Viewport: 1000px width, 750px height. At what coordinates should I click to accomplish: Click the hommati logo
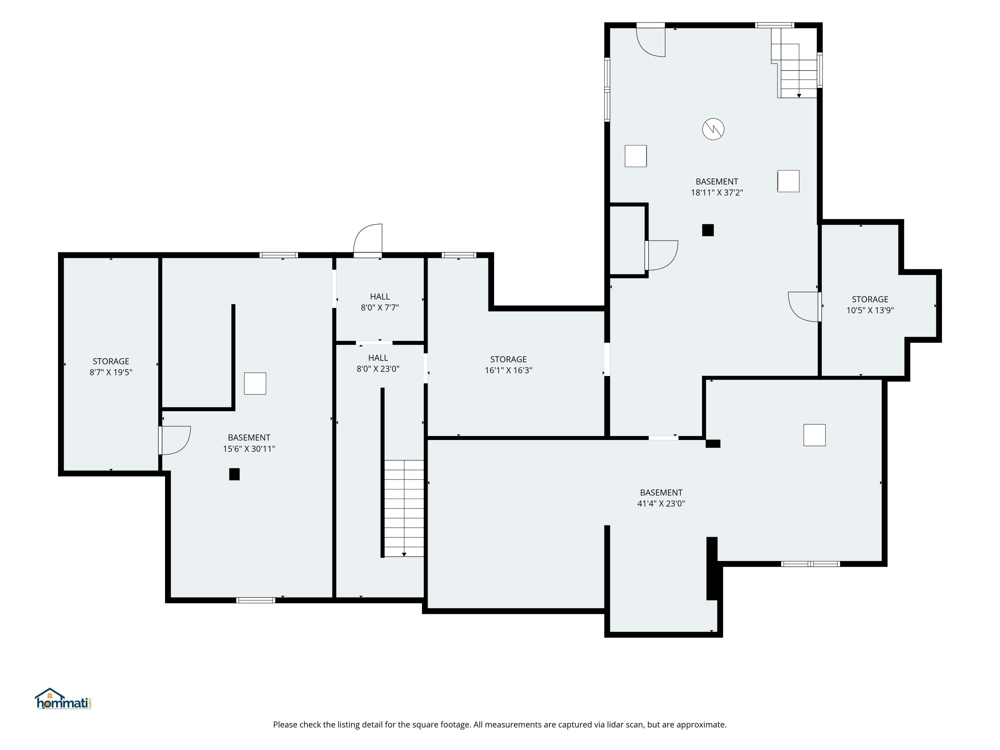tap(63, 699)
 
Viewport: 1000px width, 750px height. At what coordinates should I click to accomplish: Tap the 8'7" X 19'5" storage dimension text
tap(111, 372)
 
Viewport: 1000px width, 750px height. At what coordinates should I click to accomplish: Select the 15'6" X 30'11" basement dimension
tap(249, 448)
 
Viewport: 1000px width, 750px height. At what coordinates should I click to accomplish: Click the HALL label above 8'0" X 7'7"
tap(380, 297)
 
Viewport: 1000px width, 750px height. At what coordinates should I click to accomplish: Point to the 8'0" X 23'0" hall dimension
tap(378, 368)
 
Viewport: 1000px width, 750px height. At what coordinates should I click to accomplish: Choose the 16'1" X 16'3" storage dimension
tap(509, 370)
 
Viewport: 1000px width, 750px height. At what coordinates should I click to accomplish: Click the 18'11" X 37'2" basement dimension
tap(717, 192)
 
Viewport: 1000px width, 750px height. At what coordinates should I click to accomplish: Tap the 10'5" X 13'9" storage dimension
tap(870, 310)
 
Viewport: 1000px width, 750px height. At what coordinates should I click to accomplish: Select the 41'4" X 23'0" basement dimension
tap(661, 503)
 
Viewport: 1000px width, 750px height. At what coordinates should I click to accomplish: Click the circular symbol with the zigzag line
tap(713, 129)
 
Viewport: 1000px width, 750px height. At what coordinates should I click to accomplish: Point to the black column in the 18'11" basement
tap(708, 230)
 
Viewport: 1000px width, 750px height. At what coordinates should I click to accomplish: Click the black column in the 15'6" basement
tap(234, 474)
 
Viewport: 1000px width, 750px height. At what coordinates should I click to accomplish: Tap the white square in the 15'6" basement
tap(255, 383)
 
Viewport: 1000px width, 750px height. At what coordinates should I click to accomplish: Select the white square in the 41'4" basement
tap(815, 435)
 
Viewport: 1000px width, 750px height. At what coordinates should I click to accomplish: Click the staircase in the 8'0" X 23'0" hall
tap(404, 508)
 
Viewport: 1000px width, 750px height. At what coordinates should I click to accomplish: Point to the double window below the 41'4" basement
tap(811, 564)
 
